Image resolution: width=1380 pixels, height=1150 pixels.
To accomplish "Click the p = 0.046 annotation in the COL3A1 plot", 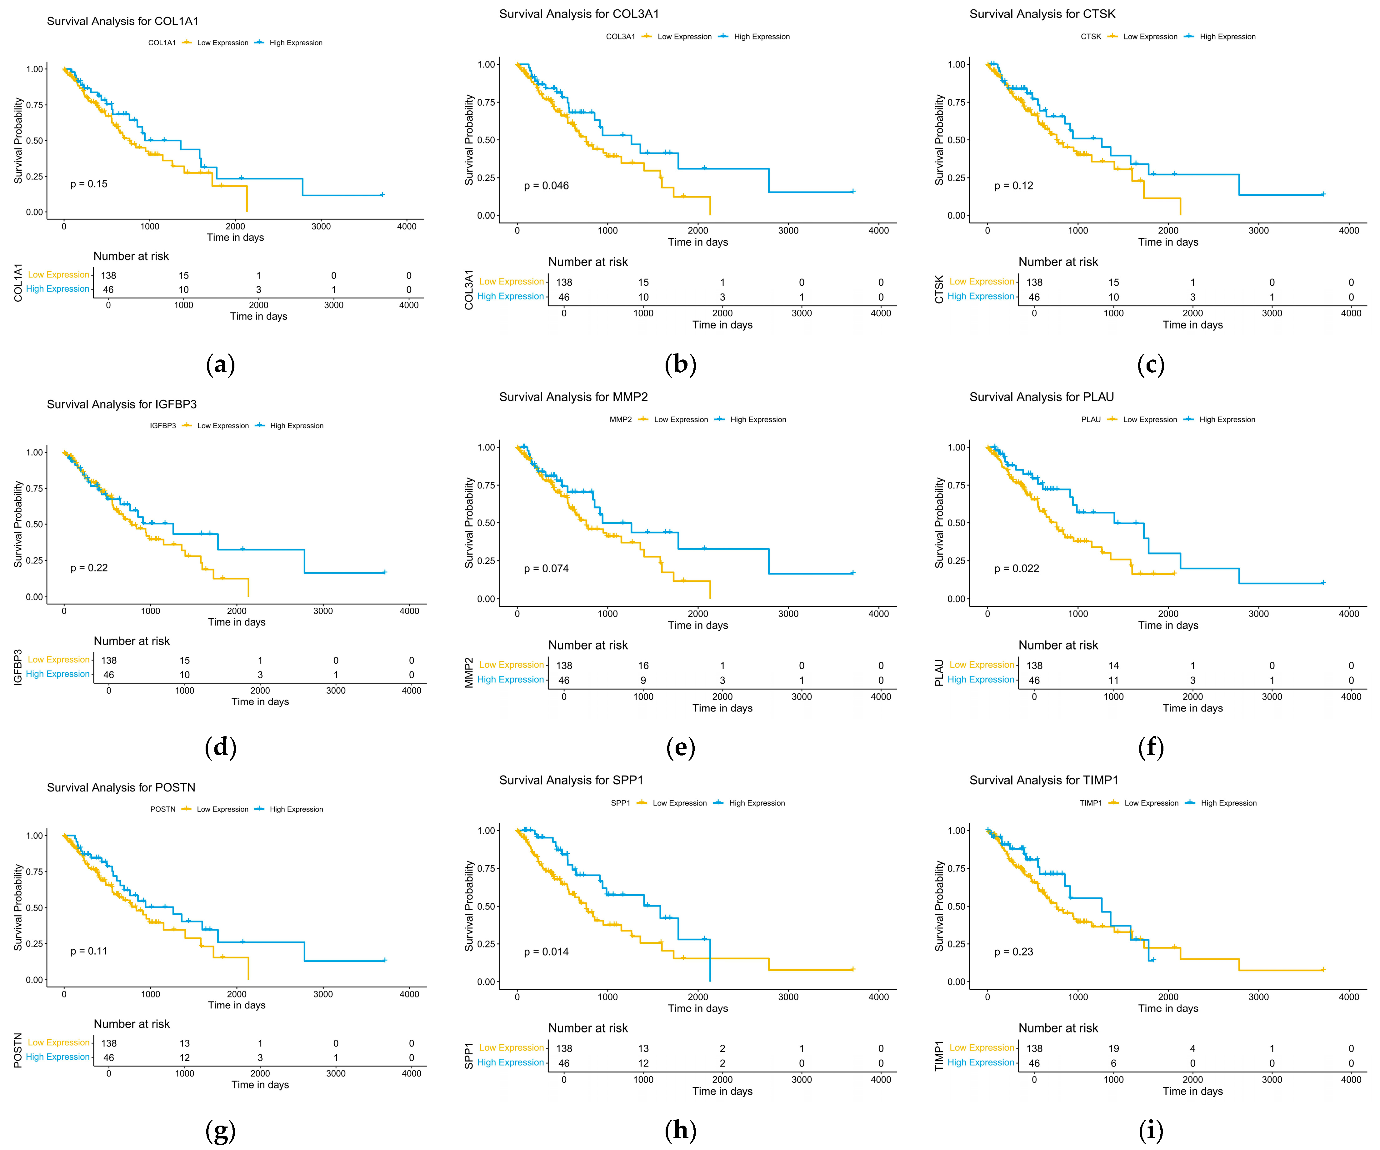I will (546, 186).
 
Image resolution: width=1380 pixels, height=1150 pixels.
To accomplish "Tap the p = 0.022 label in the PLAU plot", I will (1017, 568).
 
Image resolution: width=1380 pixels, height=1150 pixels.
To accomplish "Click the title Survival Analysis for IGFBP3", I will (122, 404).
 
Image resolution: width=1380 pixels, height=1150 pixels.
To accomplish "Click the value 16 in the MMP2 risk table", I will (643, 666).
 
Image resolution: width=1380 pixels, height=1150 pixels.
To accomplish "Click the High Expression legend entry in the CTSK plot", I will (1227, 37).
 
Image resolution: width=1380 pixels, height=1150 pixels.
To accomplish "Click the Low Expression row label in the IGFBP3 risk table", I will (58, 660).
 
